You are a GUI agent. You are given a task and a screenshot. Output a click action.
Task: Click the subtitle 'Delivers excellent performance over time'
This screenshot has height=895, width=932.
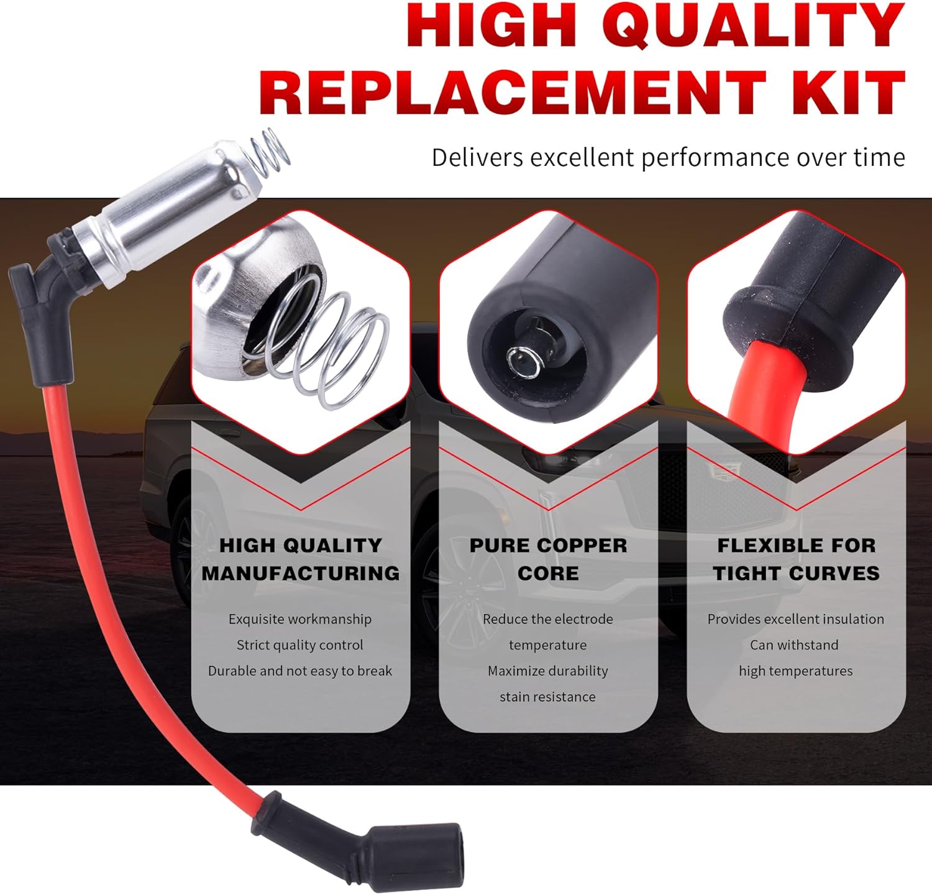pos(668,158)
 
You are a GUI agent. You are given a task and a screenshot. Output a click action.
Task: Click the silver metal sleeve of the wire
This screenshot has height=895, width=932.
pos(162,214)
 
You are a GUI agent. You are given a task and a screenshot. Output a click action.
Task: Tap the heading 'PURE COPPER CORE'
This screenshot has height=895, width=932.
pos(548,559)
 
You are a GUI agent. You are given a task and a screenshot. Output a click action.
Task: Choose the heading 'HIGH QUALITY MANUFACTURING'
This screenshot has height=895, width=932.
pos(301,559)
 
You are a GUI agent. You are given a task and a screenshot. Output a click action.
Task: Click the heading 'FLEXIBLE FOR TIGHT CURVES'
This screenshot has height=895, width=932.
pos(796,559)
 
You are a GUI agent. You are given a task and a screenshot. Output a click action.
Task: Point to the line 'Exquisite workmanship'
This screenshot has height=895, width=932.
pos(300,619)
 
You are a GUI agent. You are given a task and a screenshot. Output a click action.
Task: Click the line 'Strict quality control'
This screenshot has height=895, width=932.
pos(300,645)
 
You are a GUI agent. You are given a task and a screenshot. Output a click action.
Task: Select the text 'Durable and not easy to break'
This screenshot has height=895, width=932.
pos(300,671)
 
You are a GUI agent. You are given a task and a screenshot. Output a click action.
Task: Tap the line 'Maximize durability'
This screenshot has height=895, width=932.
pos(548,671)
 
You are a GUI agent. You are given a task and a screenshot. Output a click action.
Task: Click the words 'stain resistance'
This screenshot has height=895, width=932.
pos(548,697)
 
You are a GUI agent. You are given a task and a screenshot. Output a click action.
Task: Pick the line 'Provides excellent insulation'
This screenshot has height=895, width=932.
pos(796,619)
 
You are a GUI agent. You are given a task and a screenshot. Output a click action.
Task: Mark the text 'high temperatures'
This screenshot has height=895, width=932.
pos(796,671)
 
